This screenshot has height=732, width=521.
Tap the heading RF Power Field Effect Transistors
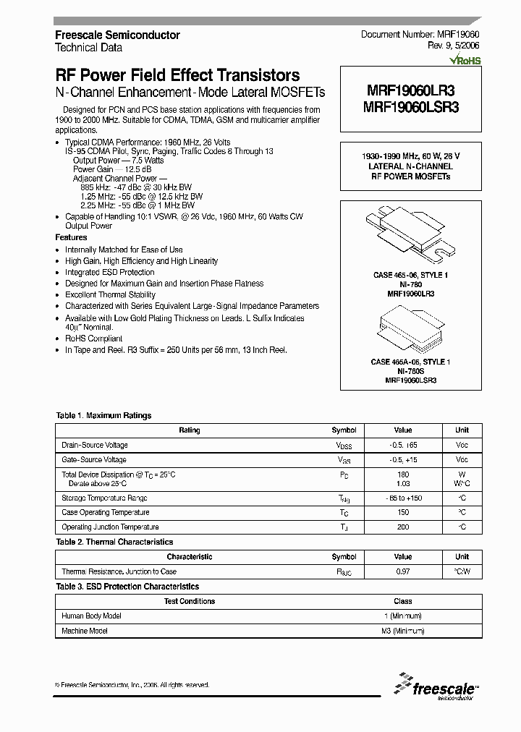pos(177,75)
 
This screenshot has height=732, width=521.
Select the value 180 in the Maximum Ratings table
pos(403,474)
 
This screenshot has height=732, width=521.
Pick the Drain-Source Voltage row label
pos(95,445)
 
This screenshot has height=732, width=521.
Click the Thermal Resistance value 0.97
pos(403,571)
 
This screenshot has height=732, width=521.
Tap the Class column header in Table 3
pos(403,601)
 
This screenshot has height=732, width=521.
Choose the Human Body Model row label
pos(92,616)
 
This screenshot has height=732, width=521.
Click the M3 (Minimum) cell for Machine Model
pos(403,631)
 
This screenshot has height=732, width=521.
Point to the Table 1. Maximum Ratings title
pos(103,416)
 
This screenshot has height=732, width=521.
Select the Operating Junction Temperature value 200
pos(403,527)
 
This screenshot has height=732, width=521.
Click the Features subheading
pos(71,237)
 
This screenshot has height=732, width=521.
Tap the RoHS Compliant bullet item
pos(94,339)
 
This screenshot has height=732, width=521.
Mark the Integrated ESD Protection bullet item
pos(110,272)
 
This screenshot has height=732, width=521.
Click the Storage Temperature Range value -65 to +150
pos(403,498)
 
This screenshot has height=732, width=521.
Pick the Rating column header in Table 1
pos(190,430)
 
